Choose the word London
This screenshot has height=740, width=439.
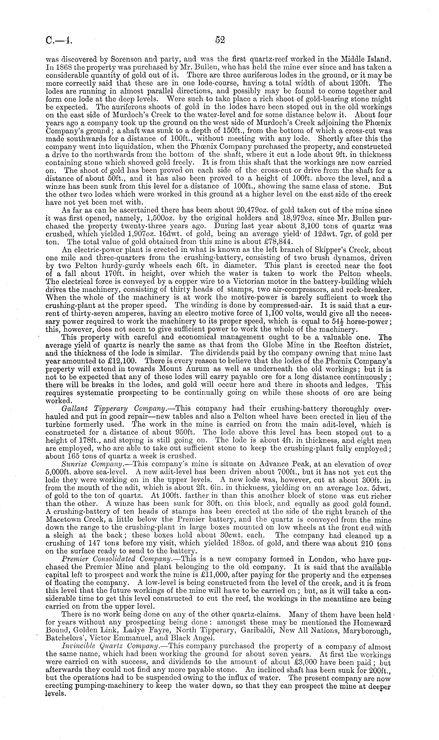point(327,559)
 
